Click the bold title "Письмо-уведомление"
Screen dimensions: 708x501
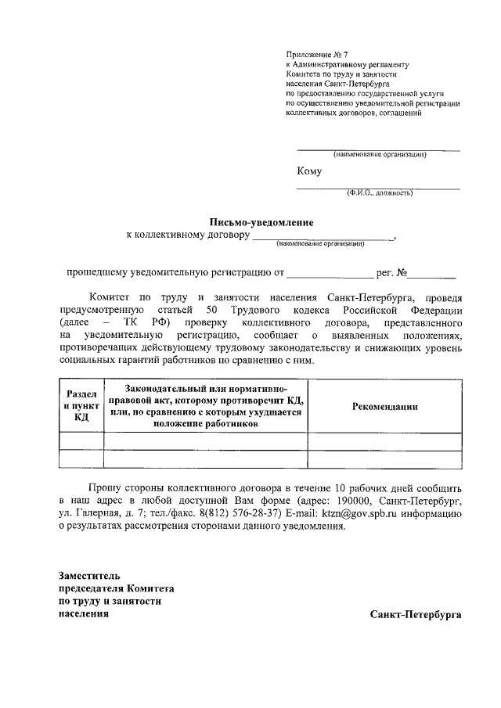[x=261, y=222]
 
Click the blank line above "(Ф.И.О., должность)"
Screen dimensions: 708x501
[x=378, y=188]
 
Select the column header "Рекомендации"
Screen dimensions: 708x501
[x=384, y=406]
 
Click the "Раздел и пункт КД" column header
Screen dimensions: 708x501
[x=81, y=406]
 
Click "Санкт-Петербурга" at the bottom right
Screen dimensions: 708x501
[x=416, y=614]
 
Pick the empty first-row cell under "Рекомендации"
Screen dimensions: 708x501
[x=384, y=441]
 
